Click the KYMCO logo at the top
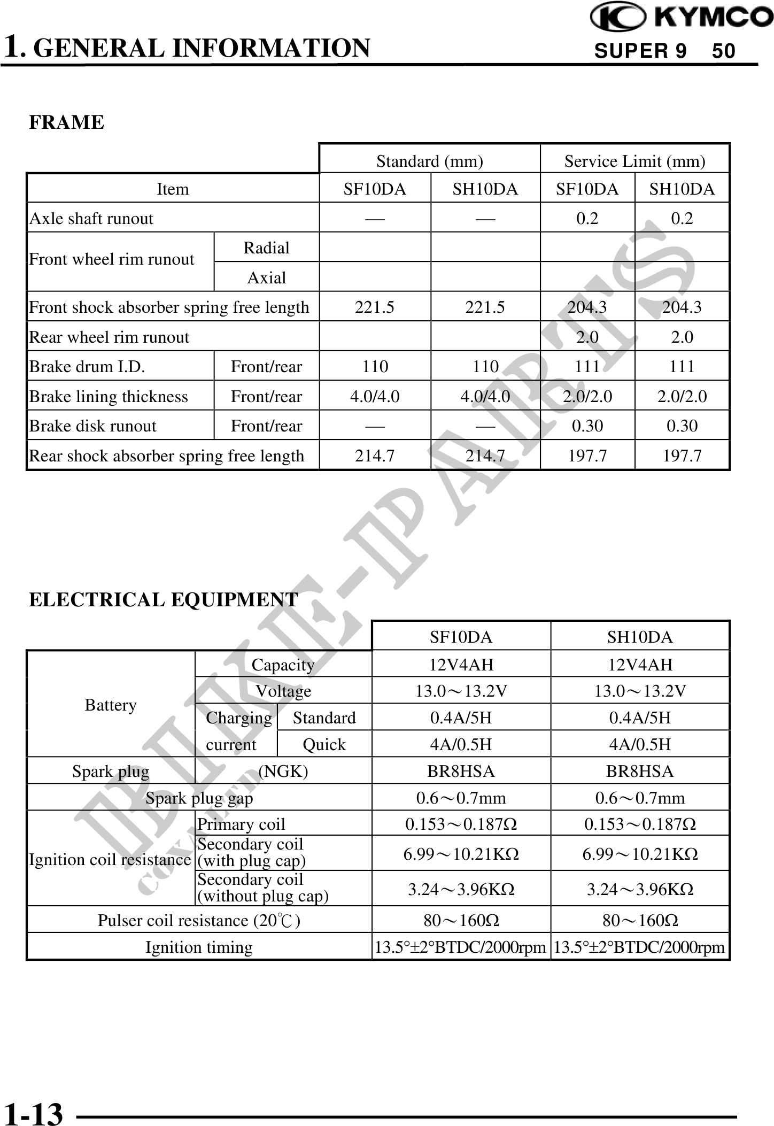(x=681, y=18)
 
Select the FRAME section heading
(x=66, y=122)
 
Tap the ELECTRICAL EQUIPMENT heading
(x=163, y=600)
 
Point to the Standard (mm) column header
(x=429, y=161)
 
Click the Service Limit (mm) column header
(x=634, y=161)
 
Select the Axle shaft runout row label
(x=91, y=218)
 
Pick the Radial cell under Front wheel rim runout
(x=266, y=248)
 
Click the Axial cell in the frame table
(x=266, y=277)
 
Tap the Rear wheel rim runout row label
(x=109, y=337)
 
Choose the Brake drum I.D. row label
(x=87, y=367)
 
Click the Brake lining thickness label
(x=109, y=396)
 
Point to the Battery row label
(x=111, y=705)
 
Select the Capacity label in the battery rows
(x=283, y=665)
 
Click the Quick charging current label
(x=324, y=744)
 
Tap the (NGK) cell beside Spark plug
(x=283, y=771)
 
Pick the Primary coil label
(x=241, y=824)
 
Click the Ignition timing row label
(x=199, y=947)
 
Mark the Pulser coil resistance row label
(x=199, y=920)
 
